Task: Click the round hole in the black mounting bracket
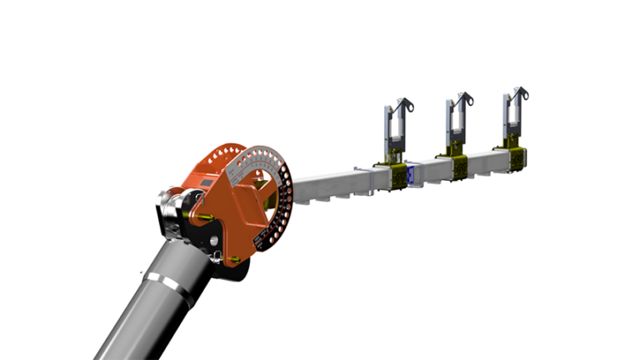215,243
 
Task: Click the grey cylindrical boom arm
142,317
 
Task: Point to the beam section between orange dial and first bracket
325,188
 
